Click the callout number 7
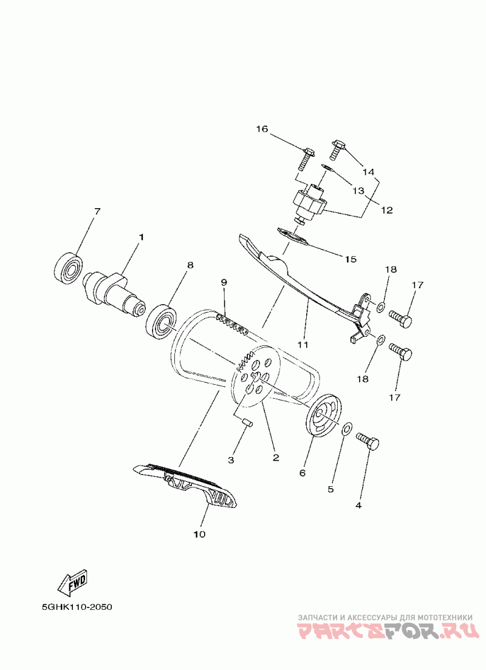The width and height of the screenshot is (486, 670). pyautogui.click(x=97, y=211)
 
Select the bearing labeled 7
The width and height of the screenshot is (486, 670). pyautogui.click(x=69, y=266)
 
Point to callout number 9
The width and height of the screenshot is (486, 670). pyautogui.click(x=224, y=283)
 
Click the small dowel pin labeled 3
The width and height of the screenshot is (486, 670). pyautogui.click(x=247, y=423)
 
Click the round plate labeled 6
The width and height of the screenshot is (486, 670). pyautogui.click(x=323, y=416)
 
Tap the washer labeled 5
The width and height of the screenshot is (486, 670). pyautogui.click(x=346, y=430)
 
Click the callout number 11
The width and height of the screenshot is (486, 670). pyautogui.click(x=303, y=345)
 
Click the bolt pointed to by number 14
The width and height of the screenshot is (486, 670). pyautogui.click(x=337, y=147)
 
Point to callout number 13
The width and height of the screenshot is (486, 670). pyautogui.click(x=358, y=191)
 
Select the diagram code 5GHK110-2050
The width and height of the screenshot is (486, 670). pyautogui.click(x=77, y=607)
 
